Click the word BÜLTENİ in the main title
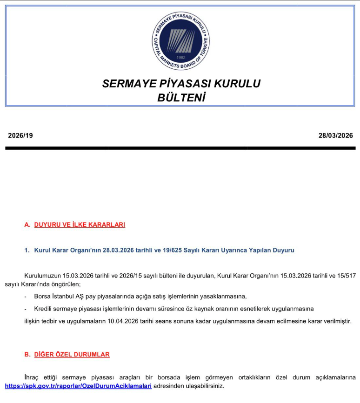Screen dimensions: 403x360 [181, 98]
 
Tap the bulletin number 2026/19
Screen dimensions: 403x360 [20, 136]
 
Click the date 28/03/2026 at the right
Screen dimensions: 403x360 [336, 136]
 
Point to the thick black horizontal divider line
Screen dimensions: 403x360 [180, 148]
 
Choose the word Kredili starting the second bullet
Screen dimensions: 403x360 [44, 309]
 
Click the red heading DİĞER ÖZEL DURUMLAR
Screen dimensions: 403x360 [72, 354]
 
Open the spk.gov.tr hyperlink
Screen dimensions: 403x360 [79, 386]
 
